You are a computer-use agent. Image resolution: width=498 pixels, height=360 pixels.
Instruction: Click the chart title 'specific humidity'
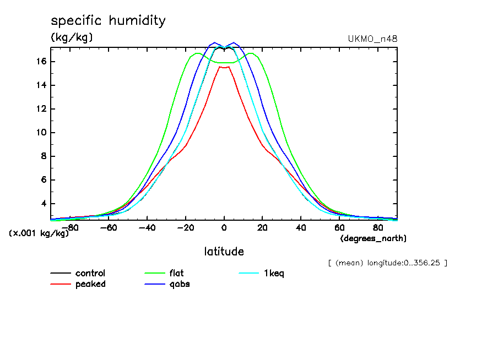[x=108, y=21]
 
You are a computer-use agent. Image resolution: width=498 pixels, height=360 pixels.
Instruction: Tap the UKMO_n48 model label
[x=372, y=39]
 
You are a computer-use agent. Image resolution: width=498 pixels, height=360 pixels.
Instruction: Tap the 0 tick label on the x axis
[x=224, y=227]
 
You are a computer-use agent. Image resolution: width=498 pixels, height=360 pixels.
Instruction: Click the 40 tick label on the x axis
[x=301, y=227]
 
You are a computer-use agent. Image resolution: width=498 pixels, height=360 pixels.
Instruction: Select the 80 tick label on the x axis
[x=378, y=227]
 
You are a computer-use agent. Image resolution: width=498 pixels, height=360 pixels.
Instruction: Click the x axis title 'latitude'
[x=224, y=252]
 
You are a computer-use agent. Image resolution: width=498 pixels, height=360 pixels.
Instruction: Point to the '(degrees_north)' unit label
[x=373, y=238]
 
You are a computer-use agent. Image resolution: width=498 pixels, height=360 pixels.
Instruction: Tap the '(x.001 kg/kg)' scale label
[x=39, y=233]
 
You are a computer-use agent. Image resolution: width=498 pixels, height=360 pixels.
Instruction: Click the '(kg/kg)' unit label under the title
[x=72, y=37]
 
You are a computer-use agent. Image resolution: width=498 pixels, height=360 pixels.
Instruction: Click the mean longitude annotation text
[x=387, y=263]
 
